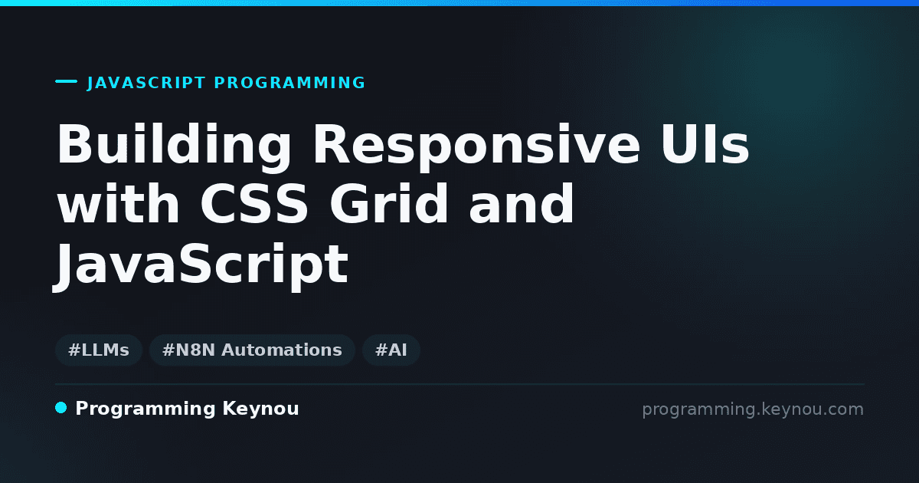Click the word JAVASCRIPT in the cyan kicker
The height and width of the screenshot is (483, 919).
click(x=146, y=83)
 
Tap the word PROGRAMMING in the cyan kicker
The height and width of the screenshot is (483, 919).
click(x=289, y=83)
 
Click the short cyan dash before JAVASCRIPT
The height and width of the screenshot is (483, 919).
click(x=66, y=81)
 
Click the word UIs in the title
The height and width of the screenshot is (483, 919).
click(x=705, y=144)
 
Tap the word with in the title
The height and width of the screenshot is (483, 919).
click(x=118, y=203)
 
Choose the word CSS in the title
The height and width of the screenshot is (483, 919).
click(x=254, y=203)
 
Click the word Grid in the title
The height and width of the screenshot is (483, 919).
click(x=388, y=203)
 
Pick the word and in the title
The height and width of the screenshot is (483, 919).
click(x=521, y=203)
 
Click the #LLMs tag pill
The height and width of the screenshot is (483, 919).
click(x=99, y=350)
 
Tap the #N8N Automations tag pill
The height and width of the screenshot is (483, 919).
click(x=252, y=350)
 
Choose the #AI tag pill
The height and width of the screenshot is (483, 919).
click(x=391, y=350)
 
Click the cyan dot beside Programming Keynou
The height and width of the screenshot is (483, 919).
click(x=61, y=408)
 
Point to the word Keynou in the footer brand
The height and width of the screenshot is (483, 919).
click(x=260, y=409)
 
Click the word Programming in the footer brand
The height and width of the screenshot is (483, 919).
click(x=146, y=409)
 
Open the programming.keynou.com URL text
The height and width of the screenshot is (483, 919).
click(x=753, y=409)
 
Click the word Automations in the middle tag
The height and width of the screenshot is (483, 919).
click(x=282, y=350)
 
